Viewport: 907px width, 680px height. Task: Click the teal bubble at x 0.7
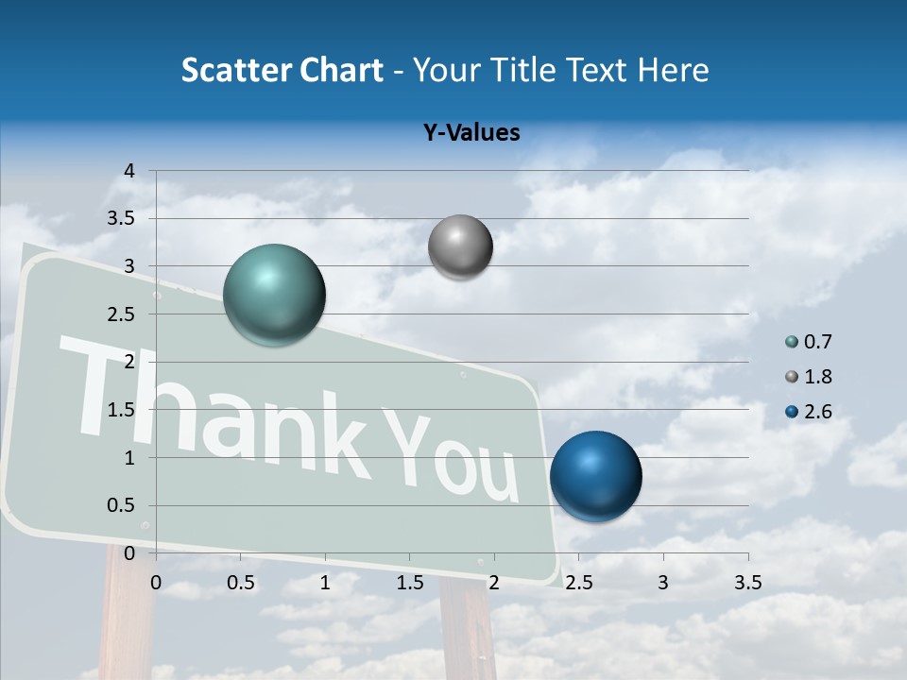(275, 295)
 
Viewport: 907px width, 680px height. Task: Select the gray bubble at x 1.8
(460, 247)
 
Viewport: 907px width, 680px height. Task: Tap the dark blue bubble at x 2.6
(595, 476)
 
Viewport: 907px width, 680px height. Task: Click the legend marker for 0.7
(792, 342)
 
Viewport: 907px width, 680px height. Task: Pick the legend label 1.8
(817, 377)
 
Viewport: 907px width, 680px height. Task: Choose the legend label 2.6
(817, 412)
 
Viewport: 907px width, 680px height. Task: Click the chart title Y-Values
(471, 133)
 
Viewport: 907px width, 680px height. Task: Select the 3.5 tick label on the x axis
(747, 583)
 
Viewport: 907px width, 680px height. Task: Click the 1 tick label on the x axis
(325, 583)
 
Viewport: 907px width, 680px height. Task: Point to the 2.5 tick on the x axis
(578, 583)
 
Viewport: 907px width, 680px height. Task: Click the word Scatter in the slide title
(233, 70)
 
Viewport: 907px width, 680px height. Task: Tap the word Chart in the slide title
(340, 70)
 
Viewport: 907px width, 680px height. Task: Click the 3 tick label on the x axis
(663, 583)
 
